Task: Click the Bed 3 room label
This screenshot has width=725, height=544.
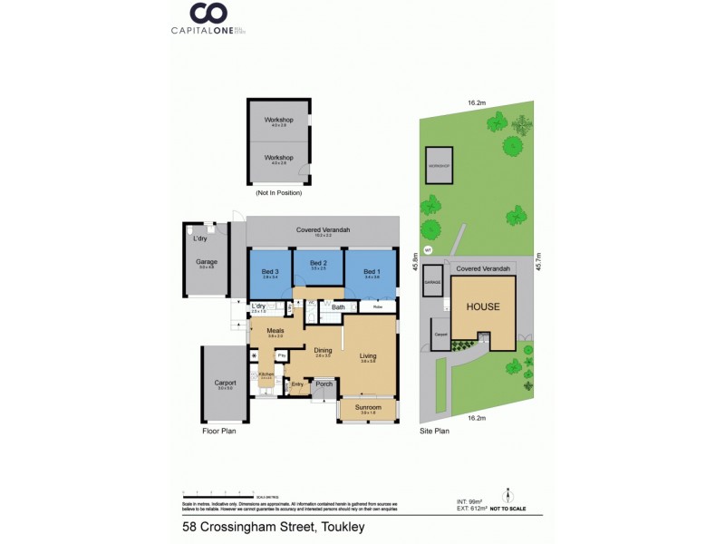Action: (269, 272)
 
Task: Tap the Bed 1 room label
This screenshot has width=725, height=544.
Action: (371, 272)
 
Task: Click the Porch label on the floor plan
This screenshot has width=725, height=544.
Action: (324, 384)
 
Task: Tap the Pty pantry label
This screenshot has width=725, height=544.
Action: (282, 355)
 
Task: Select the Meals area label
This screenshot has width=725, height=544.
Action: (275, 331)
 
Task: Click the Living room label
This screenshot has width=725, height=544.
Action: (367, 356)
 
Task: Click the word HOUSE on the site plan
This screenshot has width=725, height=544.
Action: (482, 306)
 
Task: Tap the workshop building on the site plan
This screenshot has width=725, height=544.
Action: (439, 165)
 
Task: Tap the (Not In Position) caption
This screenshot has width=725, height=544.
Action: (278, 193)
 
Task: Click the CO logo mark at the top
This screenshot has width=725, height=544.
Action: (208, 14)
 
